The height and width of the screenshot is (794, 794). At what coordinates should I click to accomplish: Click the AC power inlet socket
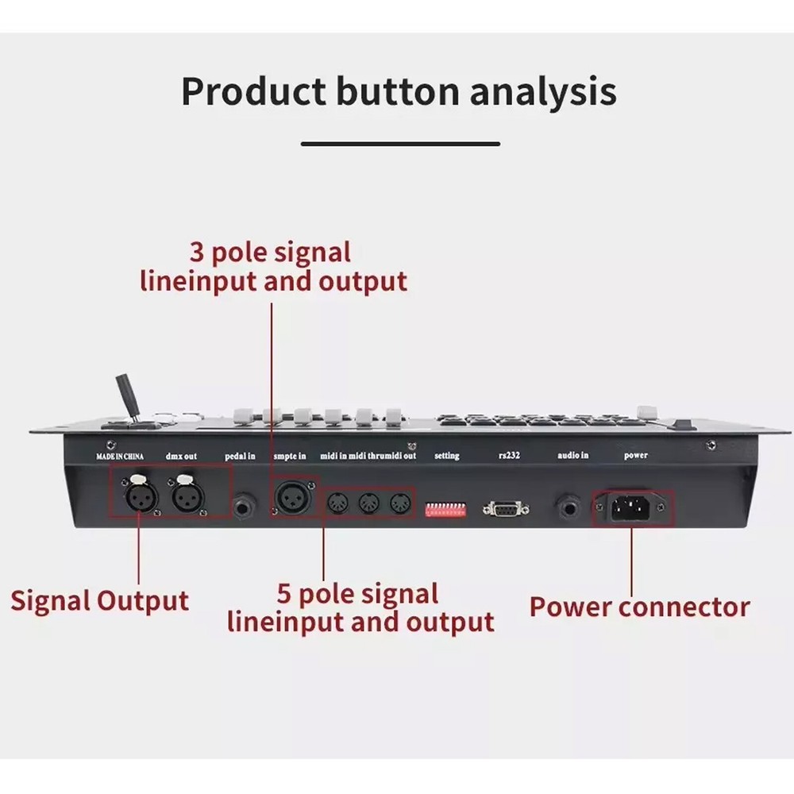(x=633, y=507)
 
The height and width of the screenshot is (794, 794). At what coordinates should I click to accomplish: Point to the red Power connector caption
(x=639, y=607)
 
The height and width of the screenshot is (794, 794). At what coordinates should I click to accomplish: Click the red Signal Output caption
(x=99, y=600)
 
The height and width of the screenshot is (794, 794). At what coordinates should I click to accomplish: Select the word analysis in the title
(x=542, y=91)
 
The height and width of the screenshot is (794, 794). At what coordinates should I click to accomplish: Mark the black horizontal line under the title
(x=400, y=144)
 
